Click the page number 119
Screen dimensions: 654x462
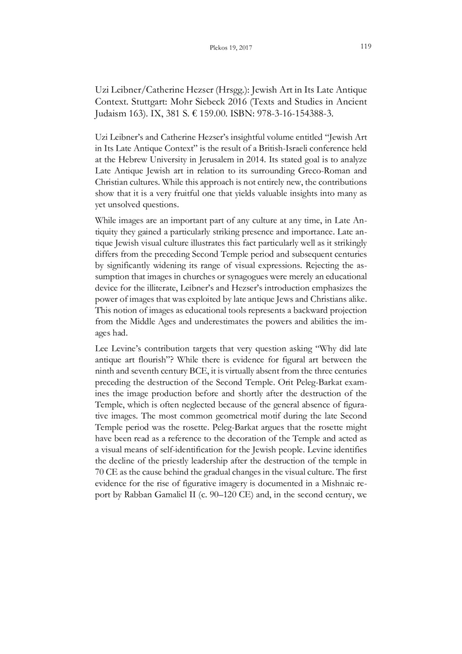pos(365,46)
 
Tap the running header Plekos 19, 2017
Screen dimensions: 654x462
pos(230,47)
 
